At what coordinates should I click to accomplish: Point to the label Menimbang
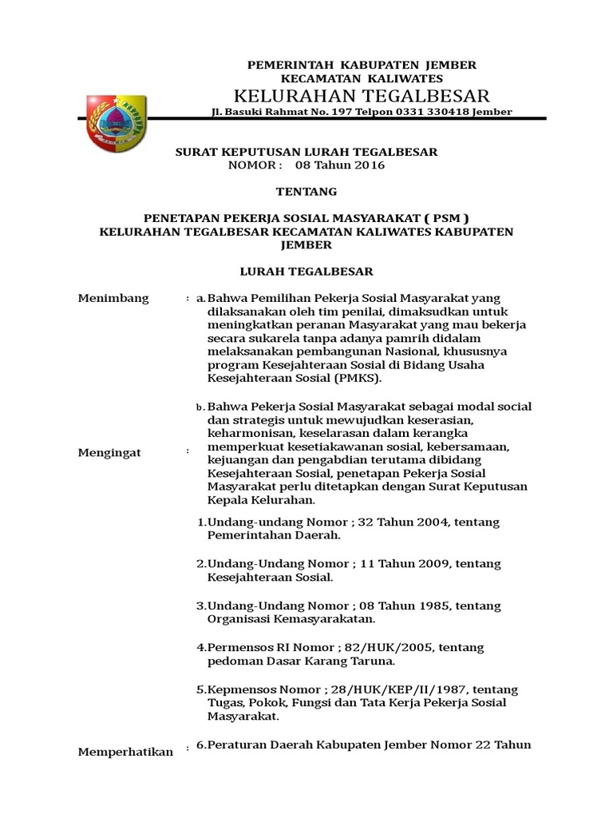pos(113,299)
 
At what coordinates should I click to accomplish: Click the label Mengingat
pos(109,453)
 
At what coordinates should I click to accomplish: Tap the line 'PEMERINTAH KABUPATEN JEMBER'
pos(351,64)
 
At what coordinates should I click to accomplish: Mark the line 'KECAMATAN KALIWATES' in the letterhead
pos(351,78)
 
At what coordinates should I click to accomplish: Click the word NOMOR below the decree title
pos(255,165)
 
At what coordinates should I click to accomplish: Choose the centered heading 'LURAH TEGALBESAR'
pos(307,272)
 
